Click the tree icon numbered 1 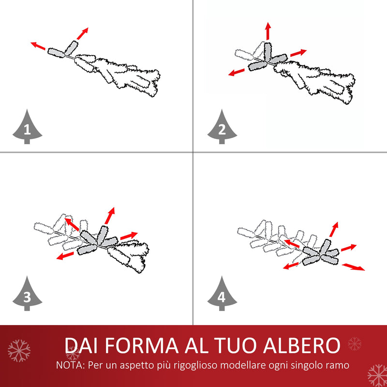pos(27,128)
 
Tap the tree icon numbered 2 pos(222,128)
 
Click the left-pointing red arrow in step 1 pos(39,46)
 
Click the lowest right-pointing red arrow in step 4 pos(354,267)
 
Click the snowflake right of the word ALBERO pos(355,344)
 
